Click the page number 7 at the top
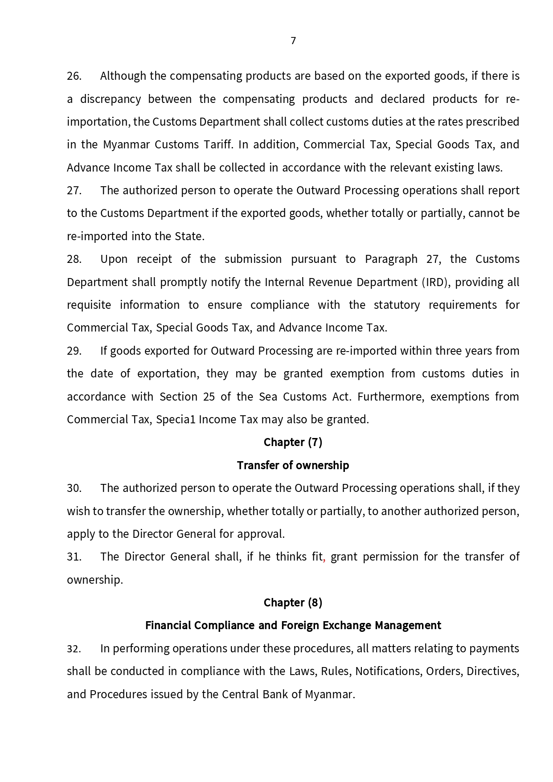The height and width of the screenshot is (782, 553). click(x=293, y=41)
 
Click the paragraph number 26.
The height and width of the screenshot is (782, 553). click(x=74, y=76)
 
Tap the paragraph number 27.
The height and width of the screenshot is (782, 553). click(x=74, y=191)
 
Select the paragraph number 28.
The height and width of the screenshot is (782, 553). click(x=74, y=259)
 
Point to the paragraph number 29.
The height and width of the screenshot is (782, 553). click(x=74, y=351)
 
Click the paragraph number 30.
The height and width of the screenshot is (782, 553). click(x=74, y=488)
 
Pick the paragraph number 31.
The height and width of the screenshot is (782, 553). click(x=74, y=557)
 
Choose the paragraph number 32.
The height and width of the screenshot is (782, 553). click(x=74, y=649)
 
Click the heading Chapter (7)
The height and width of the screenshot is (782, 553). click(x=293, y=442)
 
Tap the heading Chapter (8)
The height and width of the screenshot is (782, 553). click(x=293, y=603)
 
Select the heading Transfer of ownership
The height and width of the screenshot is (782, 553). click(x=293, y=466)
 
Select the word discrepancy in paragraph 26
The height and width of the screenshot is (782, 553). click(x=111, y=99)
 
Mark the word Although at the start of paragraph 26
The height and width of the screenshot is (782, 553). click(x=123, y=76)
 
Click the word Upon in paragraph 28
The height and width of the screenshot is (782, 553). click(x=114, y=259)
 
